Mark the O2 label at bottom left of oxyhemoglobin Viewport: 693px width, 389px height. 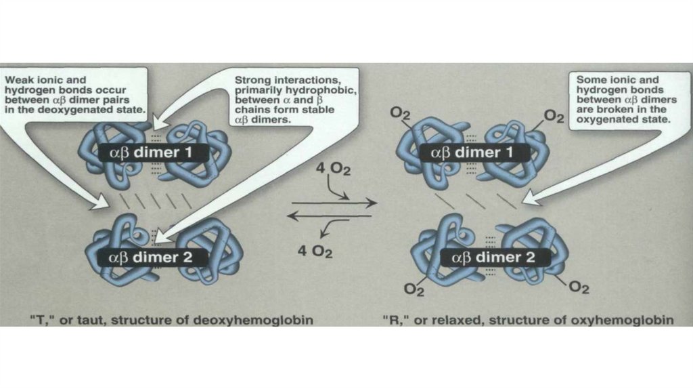click(413, 289)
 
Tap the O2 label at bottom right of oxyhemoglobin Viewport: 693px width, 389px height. click(579, 288)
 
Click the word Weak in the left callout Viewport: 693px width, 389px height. click(20, 79)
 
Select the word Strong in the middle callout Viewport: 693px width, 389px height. click(253, 79)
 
